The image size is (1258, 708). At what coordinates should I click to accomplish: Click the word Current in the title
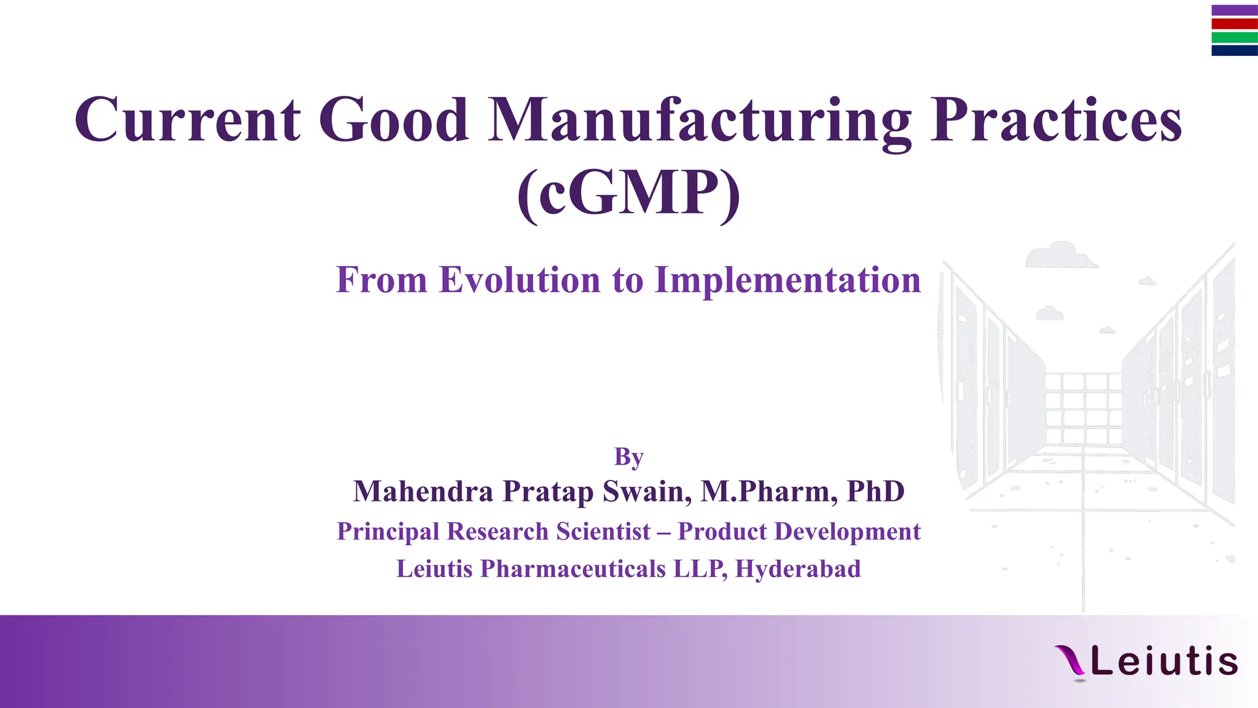click(187, 120)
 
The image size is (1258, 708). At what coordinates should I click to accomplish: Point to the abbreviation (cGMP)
click(628, 194)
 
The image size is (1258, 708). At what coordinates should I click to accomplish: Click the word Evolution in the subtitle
click(520, 280)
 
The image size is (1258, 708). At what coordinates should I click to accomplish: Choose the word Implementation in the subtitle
click(787, 281)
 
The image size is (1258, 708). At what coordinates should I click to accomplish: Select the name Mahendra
click(423, 492)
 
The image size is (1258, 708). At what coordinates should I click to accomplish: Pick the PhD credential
click(875, 492)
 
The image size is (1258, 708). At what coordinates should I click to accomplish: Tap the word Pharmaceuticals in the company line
click(572, 569)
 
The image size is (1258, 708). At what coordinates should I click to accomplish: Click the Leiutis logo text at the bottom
click(1164, 662)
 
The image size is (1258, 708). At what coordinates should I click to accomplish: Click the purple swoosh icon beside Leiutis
click(1070, 661)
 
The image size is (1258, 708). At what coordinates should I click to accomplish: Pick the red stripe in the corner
click(1234, 24)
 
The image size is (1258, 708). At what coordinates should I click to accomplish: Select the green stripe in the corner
click(1234, 37)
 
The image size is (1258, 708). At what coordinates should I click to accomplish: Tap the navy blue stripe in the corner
click(1234, 51)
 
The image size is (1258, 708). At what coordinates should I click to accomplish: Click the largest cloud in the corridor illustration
click(1060, 256)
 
